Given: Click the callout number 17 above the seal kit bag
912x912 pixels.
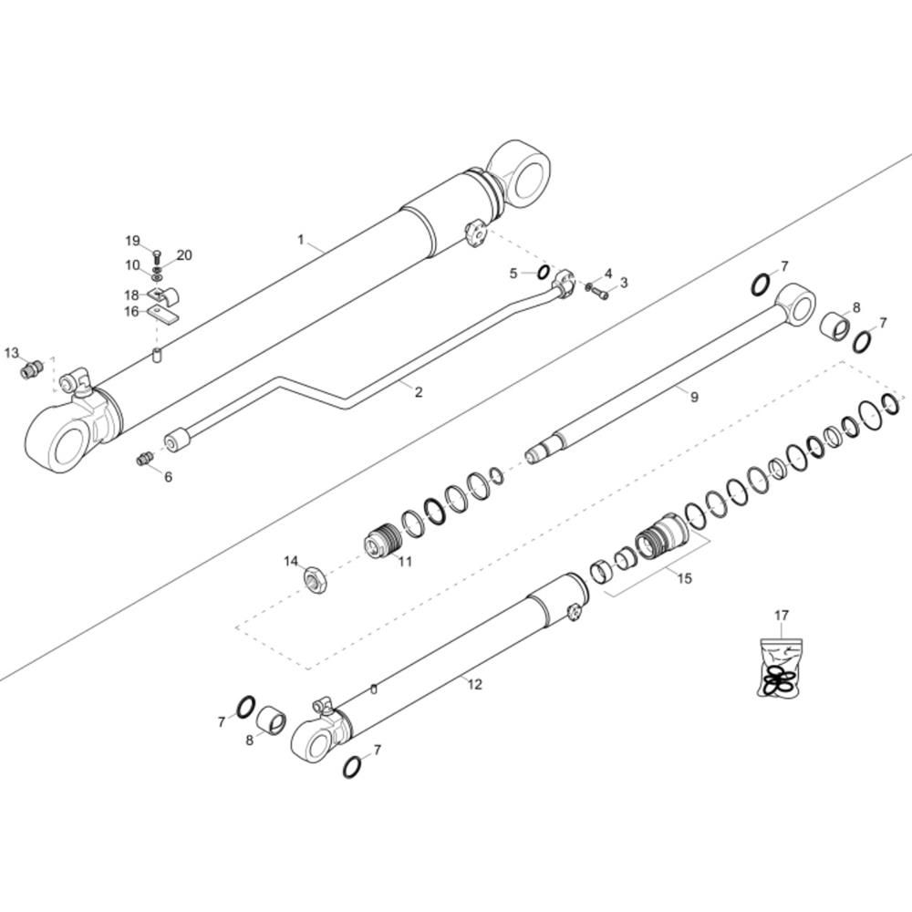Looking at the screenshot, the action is click(x=782, y=616).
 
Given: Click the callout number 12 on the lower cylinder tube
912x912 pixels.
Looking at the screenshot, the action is click(x=474, y=684).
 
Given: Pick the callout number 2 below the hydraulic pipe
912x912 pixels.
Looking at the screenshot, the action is click(x=419, y=392).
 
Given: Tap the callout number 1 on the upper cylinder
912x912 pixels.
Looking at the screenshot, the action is click(x=300, y=239).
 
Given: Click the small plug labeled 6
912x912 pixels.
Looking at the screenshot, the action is click(x=144, y=459).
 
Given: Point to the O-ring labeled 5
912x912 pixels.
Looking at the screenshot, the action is click(x=542, y=273).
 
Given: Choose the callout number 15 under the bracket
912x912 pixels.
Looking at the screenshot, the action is click(x=684, y=577).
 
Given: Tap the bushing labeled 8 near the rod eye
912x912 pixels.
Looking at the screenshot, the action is click(x=836, y=325).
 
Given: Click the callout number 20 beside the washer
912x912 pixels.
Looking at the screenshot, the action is click(x=183, y=255).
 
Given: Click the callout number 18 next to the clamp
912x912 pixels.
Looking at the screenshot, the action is click(x=131, y=295).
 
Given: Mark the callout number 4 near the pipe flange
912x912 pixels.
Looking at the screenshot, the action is click(x=607, y=274).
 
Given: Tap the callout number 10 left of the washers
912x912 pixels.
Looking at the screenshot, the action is click(x=132, y=265).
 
